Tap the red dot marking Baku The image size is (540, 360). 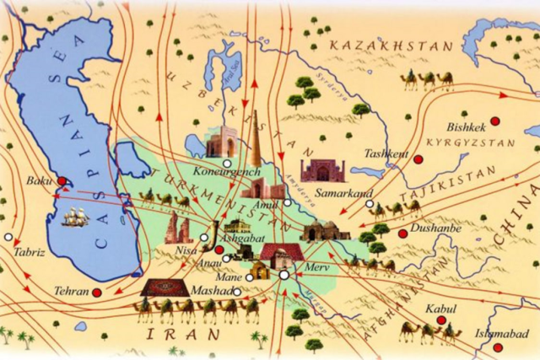pyautogui.click(x=62, y=180)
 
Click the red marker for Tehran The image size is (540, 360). pyautogui.click(x=96, y=293)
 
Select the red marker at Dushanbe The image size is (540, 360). pyautogui.click(x=402, y=234)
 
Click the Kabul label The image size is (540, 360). pyautogui.click(x=440, y=309)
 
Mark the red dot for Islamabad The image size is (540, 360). pyautogui.click(x=498, y=347)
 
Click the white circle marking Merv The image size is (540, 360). pyautogui.click(x=284, y=275)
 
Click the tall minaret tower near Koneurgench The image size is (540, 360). pyautogui.click(x=256, y=139)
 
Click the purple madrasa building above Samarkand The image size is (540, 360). pyautogui.click(x=322, y=170)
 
